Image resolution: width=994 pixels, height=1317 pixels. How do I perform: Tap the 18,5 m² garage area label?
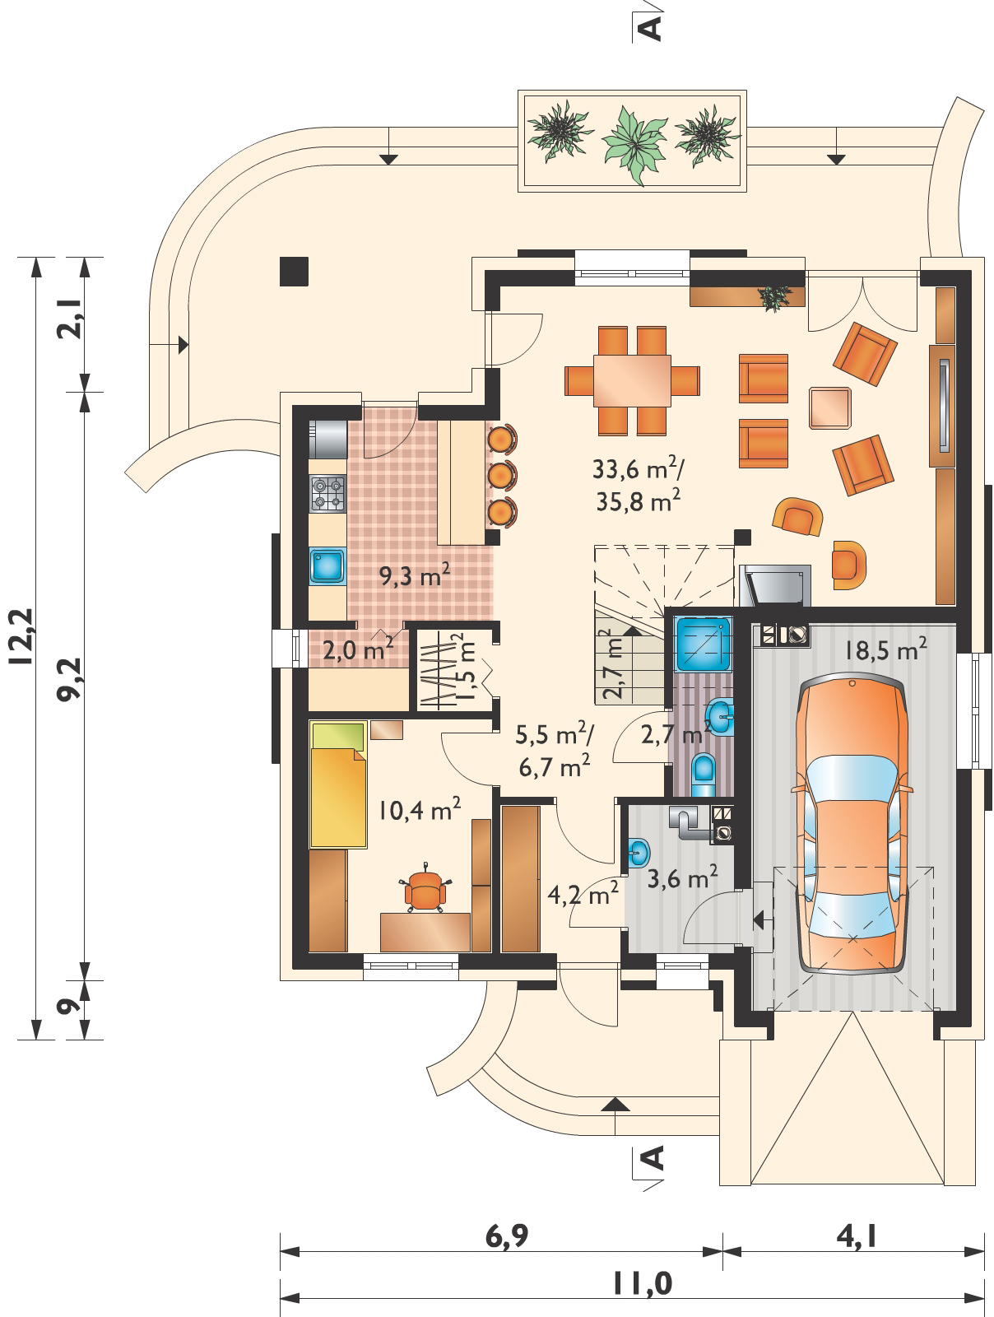coord(885,649)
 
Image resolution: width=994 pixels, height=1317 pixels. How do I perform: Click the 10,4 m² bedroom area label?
coord(419,810)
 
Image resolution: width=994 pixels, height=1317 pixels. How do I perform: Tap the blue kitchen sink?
coord(327,565)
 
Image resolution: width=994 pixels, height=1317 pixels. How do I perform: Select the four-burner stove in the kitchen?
coord(327,493)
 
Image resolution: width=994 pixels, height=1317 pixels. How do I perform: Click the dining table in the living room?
coord(632,380)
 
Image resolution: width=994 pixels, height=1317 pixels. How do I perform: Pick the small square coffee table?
coord(829,408)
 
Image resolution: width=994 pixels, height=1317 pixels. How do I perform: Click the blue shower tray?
coord(704,645)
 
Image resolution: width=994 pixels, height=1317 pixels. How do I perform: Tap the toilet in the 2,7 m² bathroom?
coord(704,775)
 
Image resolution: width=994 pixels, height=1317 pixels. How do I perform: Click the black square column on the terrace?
coord(294,271)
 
